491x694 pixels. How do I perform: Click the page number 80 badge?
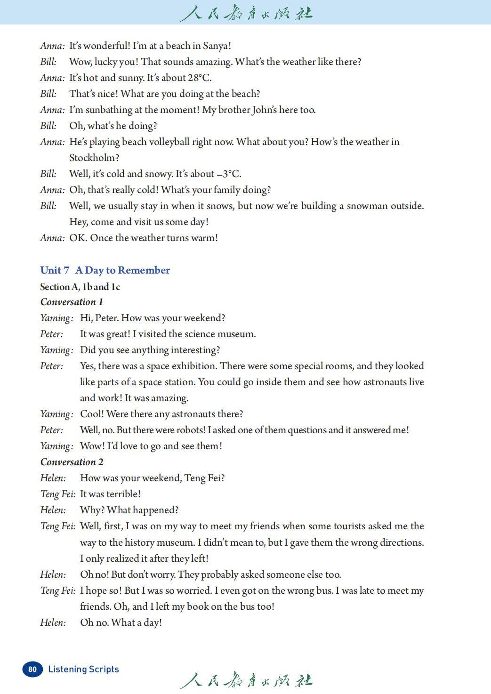click(32, 669)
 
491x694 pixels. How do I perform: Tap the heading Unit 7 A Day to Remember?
click(105, 270)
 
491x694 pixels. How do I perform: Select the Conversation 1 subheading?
click(72, 302)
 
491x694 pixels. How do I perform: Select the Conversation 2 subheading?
click(72, 462)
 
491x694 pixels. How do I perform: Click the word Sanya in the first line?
click(216, 46)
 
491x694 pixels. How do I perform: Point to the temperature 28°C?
click(199, 78)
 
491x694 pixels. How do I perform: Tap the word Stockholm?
click(94, 158)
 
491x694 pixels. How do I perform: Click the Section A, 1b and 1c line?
click(80, 287)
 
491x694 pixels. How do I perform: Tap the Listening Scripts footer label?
click(83, 669)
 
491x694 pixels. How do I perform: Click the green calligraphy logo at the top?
click(246, 13)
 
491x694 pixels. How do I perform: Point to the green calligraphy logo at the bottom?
click(246, 680)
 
